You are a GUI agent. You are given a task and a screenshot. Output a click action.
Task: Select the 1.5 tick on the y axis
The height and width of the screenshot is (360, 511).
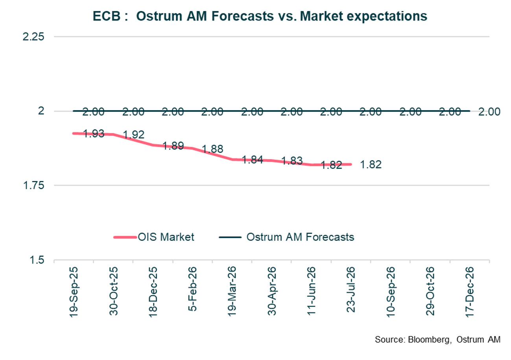coord(39,260)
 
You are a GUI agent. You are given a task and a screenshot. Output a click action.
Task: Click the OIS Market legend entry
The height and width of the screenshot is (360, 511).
coord(154,237)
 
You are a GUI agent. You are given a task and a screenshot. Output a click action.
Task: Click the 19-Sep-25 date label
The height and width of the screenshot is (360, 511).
coord(74,291)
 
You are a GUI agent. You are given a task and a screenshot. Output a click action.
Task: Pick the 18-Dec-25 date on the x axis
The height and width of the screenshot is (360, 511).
coord(153,291)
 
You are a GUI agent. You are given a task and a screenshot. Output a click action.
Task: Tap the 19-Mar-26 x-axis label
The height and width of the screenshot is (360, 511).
coord(232,291)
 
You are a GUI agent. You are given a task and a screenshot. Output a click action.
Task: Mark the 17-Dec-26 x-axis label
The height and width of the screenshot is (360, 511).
coord(470,291)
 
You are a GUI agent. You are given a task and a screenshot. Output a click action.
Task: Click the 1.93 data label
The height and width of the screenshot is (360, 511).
coord(94,134)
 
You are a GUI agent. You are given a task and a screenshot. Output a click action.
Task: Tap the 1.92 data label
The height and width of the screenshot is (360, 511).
coord(133,135)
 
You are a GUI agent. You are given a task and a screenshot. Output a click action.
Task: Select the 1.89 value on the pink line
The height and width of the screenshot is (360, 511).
coord(173,146)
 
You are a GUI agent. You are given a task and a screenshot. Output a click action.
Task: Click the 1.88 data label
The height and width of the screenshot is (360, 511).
coord(212,149)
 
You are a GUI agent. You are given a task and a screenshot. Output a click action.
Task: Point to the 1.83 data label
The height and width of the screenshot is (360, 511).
coord(292,161)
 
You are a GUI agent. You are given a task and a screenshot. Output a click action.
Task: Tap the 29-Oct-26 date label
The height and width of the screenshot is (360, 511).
coord(430,291)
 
